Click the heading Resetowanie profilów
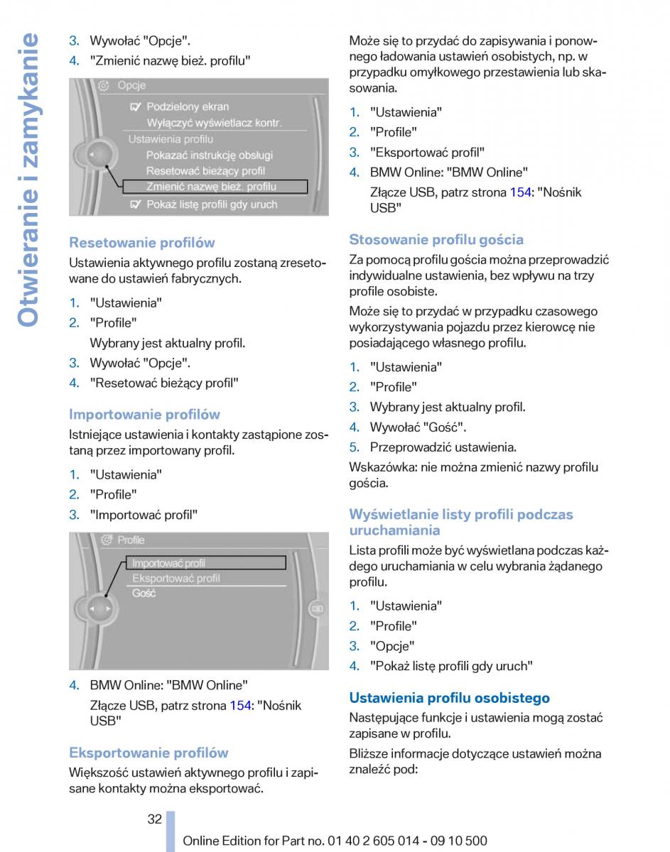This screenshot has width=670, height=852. pos(141,243)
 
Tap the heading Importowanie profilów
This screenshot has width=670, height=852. pos(144,415)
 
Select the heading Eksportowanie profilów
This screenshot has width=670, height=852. pos(148,753)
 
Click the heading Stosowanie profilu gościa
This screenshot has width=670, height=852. pos(436,240)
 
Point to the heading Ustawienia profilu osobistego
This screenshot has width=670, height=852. pos(449,698)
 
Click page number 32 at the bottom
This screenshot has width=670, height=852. pos(155,819)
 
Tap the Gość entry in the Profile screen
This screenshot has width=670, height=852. pos(144,594)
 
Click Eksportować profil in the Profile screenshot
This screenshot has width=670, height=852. pos(176,579)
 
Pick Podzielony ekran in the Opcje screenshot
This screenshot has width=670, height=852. pos(188,107)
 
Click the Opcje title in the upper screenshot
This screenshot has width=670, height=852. pos(131,85)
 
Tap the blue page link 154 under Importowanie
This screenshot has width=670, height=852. pos(240,705)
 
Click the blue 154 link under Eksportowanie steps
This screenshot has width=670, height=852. pos(520,192)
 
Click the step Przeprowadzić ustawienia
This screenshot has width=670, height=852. pos(443,447)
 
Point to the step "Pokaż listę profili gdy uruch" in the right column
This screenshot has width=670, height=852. pos(451,666)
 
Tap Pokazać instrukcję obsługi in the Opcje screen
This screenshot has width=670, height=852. pos(209,155)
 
